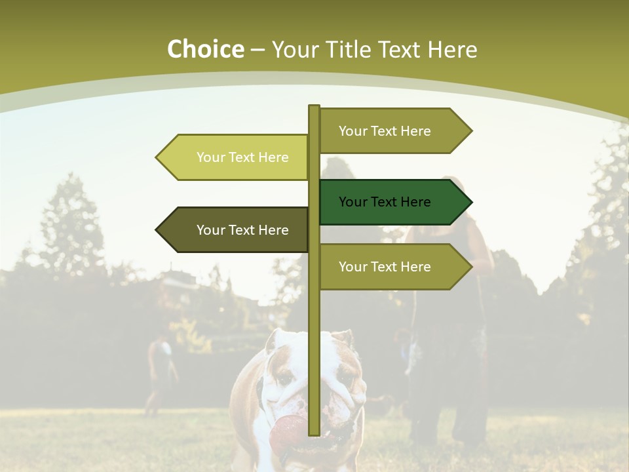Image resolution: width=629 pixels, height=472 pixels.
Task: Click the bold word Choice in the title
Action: (205, 50)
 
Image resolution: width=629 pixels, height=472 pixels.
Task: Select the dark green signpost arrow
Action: (393, 202)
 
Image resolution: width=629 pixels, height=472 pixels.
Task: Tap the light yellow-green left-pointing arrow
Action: (233, 157)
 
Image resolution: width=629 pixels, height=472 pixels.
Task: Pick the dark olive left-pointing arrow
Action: (233, 230)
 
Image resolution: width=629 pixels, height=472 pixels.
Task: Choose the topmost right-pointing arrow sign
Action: (393, 131)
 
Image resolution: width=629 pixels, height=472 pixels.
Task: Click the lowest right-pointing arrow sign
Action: (393, 267)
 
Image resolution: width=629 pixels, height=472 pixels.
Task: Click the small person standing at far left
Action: (160, 374)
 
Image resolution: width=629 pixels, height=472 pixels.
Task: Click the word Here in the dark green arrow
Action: (415, 202)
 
